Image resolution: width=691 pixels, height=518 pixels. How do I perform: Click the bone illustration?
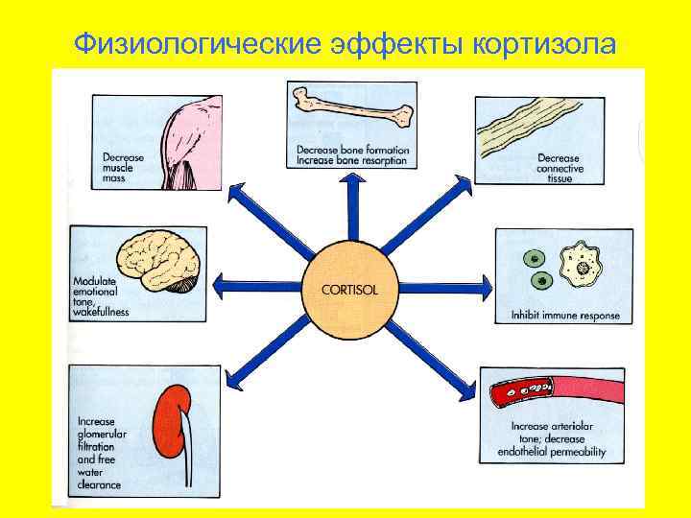pyautogui.click(x=352, y=110)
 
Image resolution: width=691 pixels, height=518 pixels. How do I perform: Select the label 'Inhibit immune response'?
pyautogui.click(x=564, y=315)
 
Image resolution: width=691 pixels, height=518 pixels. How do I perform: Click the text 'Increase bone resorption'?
pyautogui.click(x=352, y=161)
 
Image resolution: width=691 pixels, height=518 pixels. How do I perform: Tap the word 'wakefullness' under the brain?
pyautogui.click(x=102, y=312)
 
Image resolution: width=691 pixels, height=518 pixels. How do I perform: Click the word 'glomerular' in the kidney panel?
pyautogui.click(x=105, y=435)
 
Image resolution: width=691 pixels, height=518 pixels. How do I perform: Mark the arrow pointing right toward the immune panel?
pyautogui.click(x=446, y=285)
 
